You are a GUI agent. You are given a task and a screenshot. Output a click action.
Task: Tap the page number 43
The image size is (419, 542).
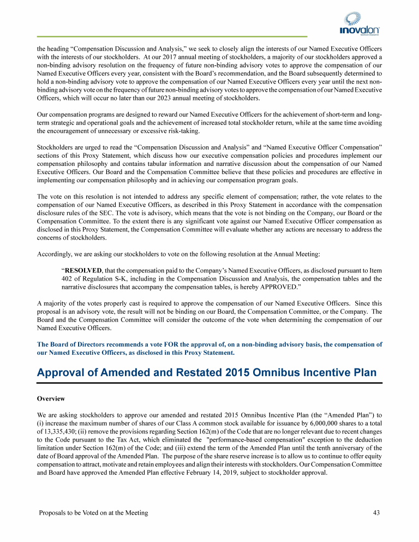click(376, 513)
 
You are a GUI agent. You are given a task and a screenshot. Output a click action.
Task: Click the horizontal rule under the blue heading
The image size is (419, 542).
click(209, 383)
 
